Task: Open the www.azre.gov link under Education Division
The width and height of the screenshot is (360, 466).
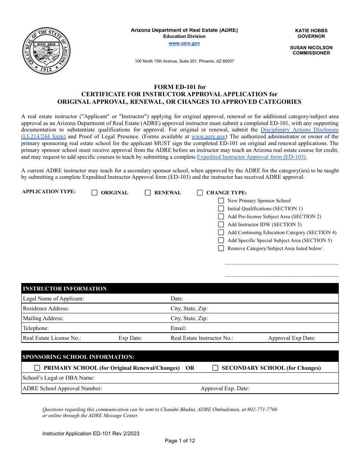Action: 184,44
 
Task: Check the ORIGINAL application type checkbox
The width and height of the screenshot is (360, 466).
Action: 94,193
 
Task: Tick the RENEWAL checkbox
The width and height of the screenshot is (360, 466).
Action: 148,193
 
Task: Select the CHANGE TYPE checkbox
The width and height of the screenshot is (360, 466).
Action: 200,193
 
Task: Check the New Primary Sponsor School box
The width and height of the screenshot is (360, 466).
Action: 221,201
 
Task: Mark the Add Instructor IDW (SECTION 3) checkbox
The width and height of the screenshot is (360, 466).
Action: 221,225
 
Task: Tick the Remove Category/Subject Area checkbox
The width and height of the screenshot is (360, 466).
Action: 221,249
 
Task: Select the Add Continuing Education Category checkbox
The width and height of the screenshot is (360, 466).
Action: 221,233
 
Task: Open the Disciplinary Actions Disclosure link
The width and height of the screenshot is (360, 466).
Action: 299,130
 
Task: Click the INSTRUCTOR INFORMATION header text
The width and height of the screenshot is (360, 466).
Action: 65,289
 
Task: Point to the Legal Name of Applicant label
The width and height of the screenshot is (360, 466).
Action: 53,299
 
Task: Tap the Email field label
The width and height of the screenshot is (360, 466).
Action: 178,328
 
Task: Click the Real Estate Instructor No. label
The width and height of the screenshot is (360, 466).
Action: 202,338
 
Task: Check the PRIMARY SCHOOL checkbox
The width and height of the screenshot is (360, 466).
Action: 37,368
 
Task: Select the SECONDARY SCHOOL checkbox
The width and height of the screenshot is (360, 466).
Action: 215,368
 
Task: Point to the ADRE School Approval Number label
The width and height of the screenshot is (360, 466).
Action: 62,389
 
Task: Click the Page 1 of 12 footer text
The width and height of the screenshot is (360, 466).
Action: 180,441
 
